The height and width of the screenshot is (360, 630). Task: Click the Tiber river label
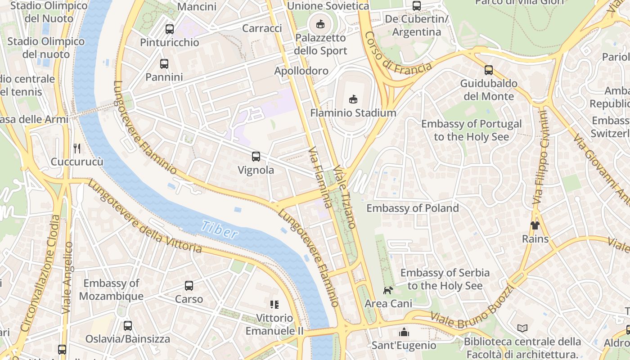219,229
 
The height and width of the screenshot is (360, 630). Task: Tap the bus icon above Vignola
256,157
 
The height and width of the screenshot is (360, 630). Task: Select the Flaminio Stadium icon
353,99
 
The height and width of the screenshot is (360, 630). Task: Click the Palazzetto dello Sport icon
320,24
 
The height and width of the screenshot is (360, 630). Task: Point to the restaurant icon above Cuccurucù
77,148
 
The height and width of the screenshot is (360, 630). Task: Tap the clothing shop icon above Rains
535,225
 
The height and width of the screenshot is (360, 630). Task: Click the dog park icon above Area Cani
387,290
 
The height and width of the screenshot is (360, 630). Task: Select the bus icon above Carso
189,286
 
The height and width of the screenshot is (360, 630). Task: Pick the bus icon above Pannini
164,64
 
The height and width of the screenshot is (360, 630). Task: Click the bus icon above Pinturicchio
170,29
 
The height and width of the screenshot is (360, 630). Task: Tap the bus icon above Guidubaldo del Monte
489,70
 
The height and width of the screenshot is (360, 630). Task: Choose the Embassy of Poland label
412,208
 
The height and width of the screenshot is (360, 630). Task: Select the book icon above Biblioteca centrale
522,328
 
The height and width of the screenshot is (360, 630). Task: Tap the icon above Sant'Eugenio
404,332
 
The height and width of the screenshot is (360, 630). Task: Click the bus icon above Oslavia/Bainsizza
128,325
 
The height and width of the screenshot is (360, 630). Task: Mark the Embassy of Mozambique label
111,289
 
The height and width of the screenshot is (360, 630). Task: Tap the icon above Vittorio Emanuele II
274,305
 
